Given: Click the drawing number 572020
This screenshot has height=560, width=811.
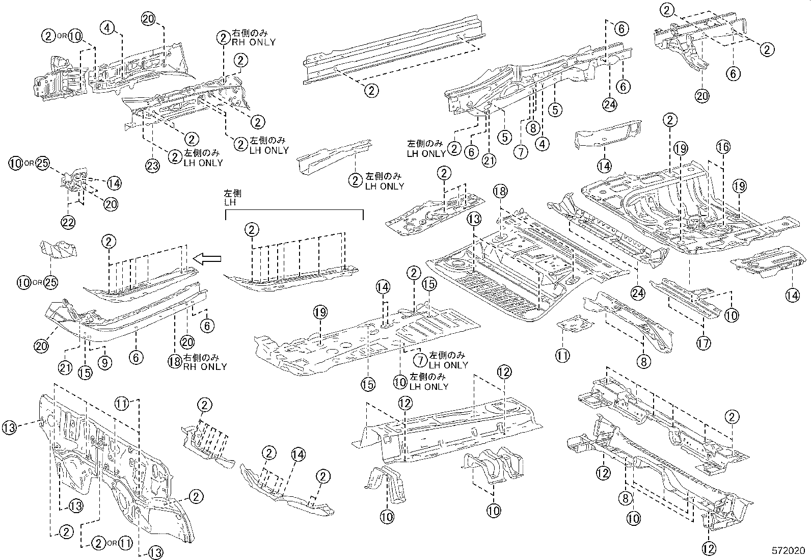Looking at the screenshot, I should tap(789, 551).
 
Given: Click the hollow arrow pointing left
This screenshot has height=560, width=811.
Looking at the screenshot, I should tap(208, 260).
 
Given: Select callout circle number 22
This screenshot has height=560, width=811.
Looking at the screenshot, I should tap(68, 221).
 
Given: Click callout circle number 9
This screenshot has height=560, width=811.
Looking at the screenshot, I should tap(106, 362).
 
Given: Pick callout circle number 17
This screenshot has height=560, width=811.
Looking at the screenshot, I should tap(703, 343).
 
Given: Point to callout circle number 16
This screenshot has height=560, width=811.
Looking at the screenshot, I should tap(723, 147).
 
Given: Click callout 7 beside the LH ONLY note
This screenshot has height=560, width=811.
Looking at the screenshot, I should tap(420, 360).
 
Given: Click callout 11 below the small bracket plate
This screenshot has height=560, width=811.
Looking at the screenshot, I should tap(562, 355).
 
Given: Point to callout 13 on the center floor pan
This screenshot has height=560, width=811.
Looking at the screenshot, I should tap(474, 220).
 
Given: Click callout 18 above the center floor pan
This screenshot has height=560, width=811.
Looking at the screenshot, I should tap(500, 191).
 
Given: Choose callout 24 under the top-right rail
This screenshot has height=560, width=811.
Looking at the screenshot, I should tap(609, 104).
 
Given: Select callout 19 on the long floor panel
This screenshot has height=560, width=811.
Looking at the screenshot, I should tap(320, 312).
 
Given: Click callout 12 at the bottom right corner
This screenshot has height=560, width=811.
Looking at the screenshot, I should tap(709, 549).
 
